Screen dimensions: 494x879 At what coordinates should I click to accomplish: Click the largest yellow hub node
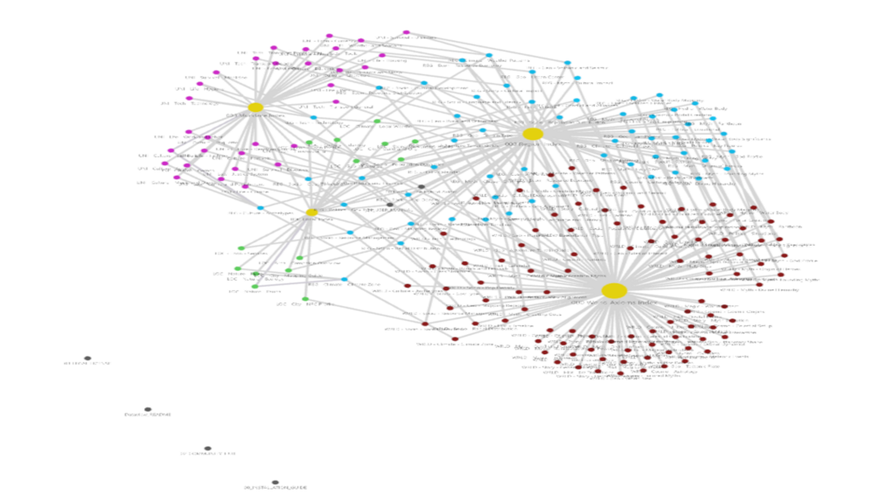pos(614,290)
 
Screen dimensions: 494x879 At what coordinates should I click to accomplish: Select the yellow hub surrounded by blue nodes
pos(533,134)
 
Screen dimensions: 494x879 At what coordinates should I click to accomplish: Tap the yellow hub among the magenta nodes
pos(255,108)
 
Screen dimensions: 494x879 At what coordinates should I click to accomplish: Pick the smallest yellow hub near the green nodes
pos(311,212)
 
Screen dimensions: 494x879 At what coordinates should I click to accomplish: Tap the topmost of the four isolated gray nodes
pos(87,358)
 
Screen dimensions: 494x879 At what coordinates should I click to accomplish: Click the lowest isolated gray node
pos(275,482)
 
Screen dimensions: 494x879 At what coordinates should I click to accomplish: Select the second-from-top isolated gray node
pos(148,409)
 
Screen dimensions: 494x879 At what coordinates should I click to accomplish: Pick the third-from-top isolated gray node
pos(207,449)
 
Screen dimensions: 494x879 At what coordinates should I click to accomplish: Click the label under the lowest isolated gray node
pos(275,488)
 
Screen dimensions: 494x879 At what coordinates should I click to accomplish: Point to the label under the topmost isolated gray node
pos(87,364)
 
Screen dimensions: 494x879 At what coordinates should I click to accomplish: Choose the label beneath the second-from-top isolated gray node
pos(148,414)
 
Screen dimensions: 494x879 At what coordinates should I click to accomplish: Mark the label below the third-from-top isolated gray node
pos(207,454)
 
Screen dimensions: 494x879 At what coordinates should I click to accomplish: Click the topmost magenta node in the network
pos(406,32)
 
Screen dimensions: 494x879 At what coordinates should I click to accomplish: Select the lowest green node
pos(305,299)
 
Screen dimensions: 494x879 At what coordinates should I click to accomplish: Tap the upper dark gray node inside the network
pos(421,186)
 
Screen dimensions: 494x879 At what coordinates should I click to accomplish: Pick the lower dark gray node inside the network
pos(390,205)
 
